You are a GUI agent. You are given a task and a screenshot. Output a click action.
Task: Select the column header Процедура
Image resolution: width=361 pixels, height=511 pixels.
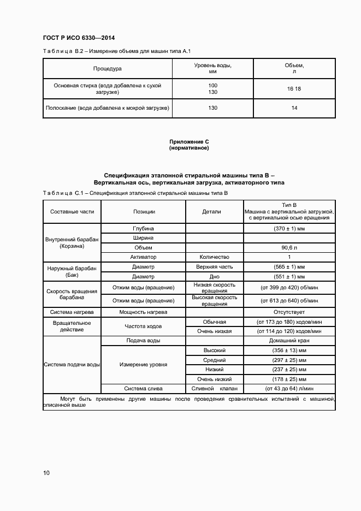pyautogui.click(x=107, y=69)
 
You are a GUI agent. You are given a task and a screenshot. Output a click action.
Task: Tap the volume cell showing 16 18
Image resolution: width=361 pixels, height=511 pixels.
pyautogui.click(x=294, y=89)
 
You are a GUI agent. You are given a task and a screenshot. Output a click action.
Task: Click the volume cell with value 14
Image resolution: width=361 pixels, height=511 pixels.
pyautogui.click(x=294, y=108)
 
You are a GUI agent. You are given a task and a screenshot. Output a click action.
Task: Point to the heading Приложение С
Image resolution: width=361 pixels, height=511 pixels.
pyautogui.click(x=189, y=141)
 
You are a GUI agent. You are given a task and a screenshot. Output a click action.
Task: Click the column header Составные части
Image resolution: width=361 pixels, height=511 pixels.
pyautogui.click(x=72, y=211)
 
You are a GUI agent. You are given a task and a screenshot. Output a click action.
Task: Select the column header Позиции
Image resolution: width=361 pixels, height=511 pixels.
pyautogui.click(x=144, y=211)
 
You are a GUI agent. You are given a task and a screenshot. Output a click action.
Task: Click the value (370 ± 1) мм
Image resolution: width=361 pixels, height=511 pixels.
pyautogui.click(x=289, y=228)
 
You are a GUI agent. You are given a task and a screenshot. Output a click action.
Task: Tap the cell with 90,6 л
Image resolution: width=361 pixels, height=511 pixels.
pyautogui.click(x=289, y=247)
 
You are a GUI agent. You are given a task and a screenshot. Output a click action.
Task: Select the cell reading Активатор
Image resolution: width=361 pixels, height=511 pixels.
pyautogui.click(x=144, y=257)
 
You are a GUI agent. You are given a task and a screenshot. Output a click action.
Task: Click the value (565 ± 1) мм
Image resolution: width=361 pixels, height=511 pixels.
pyautogui.click(x=289, y=267)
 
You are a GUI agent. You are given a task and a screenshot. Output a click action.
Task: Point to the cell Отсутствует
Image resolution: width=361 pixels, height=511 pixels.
pyautogui.click(x=289, y=312)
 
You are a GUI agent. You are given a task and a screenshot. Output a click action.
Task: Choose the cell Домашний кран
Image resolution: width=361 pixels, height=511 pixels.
pyautogui.click(x=289, y=340)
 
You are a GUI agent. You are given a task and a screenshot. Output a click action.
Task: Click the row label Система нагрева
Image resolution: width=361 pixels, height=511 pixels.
pyautogui.click(x=72, y=312)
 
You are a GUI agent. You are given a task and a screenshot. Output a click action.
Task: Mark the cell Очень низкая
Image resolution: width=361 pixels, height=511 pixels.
pyautogui.click(x=214, y=331)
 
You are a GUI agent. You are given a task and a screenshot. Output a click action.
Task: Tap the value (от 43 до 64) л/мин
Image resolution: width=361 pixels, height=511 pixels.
pyautogui.click(x=289, y=389)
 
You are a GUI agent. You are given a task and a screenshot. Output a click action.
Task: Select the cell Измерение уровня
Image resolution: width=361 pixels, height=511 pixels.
pyautogui.click(x=144, y=364)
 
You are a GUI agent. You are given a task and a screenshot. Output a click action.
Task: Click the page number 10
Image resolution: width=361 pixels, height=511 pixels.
pyautogui.click(x=46, y=473)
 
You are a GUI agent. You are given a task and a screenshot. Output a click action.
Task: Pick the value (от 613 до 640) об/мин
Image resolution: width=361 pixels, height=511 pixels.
pyautogui.click(x=289, y=301)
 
